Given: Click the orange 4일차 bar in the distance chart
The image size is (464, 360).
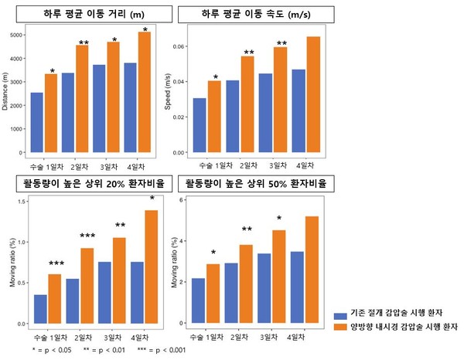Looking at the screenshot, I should [144, 93].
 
